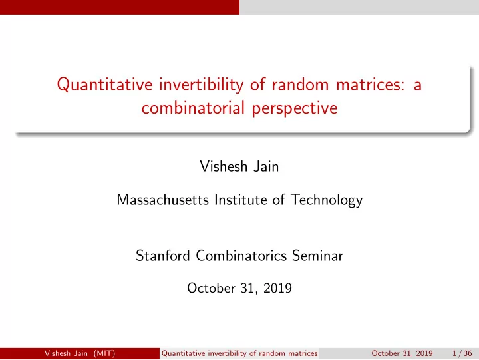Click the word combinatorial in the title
coord(193,108)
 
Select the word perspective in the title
coord(295,109)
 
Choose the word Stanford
coord(163,256)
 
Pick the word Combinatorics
coord(241,256)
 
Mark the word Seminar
coord(318,256)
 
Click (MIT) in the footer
coord(104,353)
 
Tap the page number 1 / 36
coord(462,353)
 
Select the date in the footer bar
coord(402,353)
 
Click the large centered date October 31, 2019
coord(239,289)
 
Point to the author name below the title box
coord(239,166)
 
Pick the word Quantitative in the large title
coord(104,85)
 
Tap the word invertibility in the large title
coord(201,85)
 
